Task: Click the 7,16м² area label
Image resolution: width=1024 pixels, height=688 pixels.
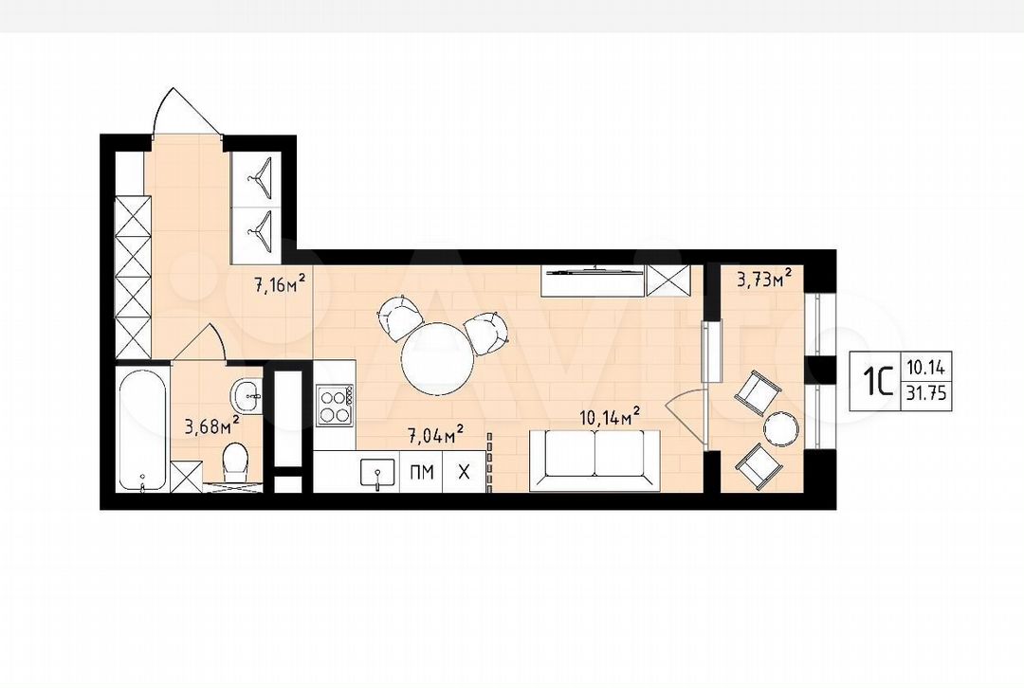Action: click(x=280, y=284)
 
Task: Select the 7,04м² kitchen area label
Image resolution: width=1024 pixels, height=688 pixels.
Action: click(x=437, y=433)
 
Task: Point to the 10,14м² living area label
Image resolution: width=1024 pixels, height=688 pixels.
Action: click(x=610, y=416)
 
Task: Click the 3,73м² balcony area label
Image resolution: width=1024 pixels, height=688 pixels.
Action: click(x=765, y=279)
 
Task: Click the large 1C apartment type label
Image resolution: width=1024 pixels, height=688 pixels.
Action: click(x=877, y=381)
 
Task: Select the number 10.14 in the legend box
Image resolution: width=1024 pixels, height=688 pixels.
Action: click(x=925, y=367)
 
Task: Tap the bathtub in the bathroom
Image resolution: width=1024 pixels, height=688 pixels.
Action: click(x=141, y=430)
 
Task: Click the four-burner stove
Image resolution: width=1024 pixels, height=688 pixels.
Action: click(x=334, y=405)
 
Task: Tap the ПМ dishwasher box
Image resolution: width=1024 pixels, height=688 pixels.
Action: click(x=421, y=471)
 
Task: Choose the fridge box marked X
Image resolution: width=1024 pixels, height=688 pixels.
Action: click(x=465, y=471)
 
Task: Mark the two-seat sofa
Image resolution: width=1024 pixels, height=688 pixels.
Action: click(x=594, y=461)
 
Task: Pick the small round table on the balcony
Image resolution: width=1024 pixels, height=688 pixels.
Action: click(x=781, y=429)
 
